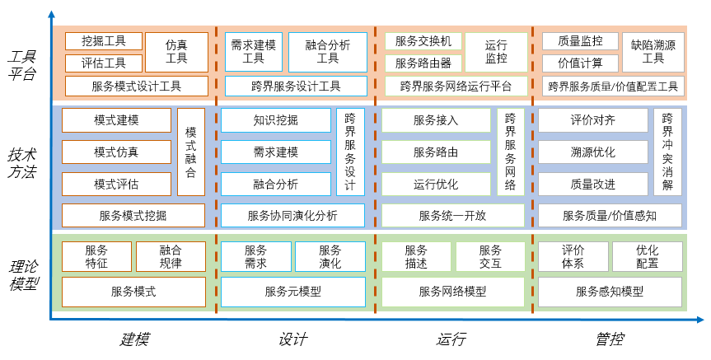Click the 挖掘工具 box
coord(104,41)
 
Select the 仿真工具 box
coord(176,52)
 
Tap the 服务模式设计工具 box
coord(136,86)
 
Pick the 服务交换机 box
coord(423,41)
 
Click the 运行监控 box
coord(496,52)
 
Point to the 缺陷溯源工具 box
coord(653,52)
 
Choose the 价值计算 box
coord(579,63)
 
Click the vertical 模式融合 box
coord(190,152)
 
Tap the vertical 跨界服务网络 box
coord(510,152)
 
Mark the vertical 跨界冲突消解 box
coord(667,152)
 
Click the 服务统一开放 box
coord(452,216)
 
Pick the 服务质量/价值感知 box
coord(610,216)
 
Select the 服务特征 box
coord(96,257)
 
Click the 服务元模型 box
coord(292,292)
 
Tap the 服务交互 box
coord(489,257)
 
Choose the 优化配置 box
coord(647,257)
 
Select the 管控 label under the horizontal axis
coord(609,339)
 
